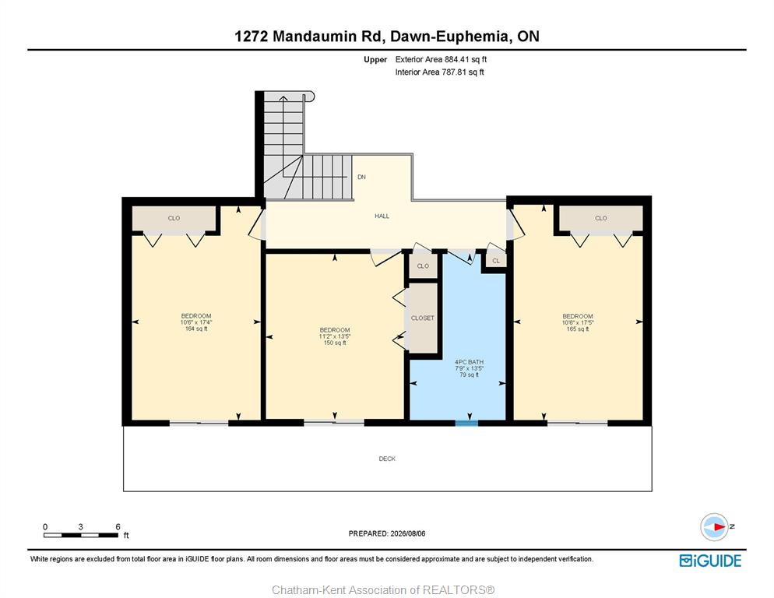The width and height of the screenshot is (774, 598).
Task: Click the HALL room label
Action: [382, 216]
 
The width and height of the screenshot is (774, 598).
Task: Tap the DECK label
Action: [387, 459]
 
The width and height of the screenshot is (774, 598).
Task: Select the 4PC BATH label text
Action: [469, 362]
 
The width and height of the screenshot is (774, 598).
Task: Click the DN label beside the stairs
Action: [362, 177]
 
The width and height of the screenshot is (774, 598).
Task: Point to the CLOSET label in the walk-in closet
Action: [423, 318]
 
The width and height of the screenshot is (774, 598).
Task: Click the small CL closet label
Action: [496, 261]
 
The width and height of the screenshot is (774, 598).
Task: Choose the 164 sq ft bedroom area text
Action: [196, 329]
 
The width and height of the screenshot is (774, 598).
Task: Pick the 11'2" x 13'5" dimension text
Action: [335, 336]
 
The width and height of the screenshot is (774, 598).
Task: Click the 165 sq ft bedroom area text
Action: [578, 329]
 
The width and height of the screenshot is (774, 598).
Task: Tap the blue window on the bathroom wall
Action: [466, 423]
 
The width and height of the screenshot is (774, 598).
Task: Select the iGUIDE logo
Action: [710, 561]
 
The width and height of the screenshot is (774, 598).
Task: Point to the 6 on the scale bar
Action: [118, 526]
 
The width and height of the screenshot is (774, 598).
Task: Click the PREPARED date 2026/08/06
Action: [408, 533]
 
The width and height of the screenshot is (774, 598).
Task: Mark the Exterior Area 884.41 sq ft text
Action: [441, 59]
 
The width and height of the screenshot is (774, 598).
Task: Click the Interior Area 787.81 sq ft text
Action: [439, 72]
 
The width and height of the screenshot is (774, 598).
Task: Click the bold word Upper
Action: [375, 60]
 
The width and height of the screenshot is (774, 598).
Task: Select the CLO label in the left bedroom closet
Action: [174, 218]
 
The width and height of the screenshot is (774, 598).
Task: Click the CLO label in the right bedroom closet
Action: [600, 218]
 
